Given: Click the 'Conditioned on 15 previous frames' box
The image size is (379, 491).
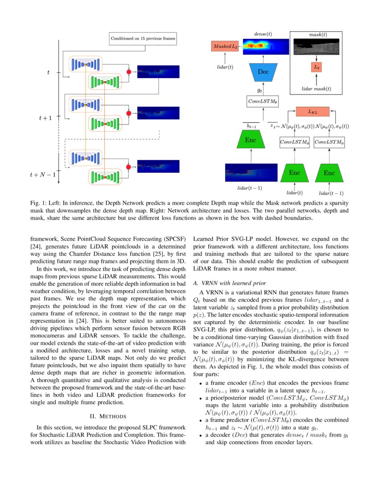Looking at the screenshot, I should pos(143,39).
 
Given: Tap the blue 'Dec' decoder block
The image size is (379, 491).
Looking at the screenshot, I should pos(263,72).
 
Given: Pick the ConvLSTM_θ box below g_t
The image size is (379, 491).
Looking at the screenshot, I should pos(263,102).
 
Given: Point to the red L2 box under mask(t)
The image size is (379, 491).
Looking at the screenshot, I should pos(317,67).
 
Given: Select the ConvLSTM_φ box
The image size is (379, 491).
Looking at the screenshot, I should pos(294,142).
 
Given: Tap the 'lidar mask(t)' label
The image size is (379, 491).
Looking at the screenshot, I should pos(317,89).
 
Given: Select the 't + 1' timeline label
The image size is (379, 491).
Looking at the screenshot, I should pos(45,118).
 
